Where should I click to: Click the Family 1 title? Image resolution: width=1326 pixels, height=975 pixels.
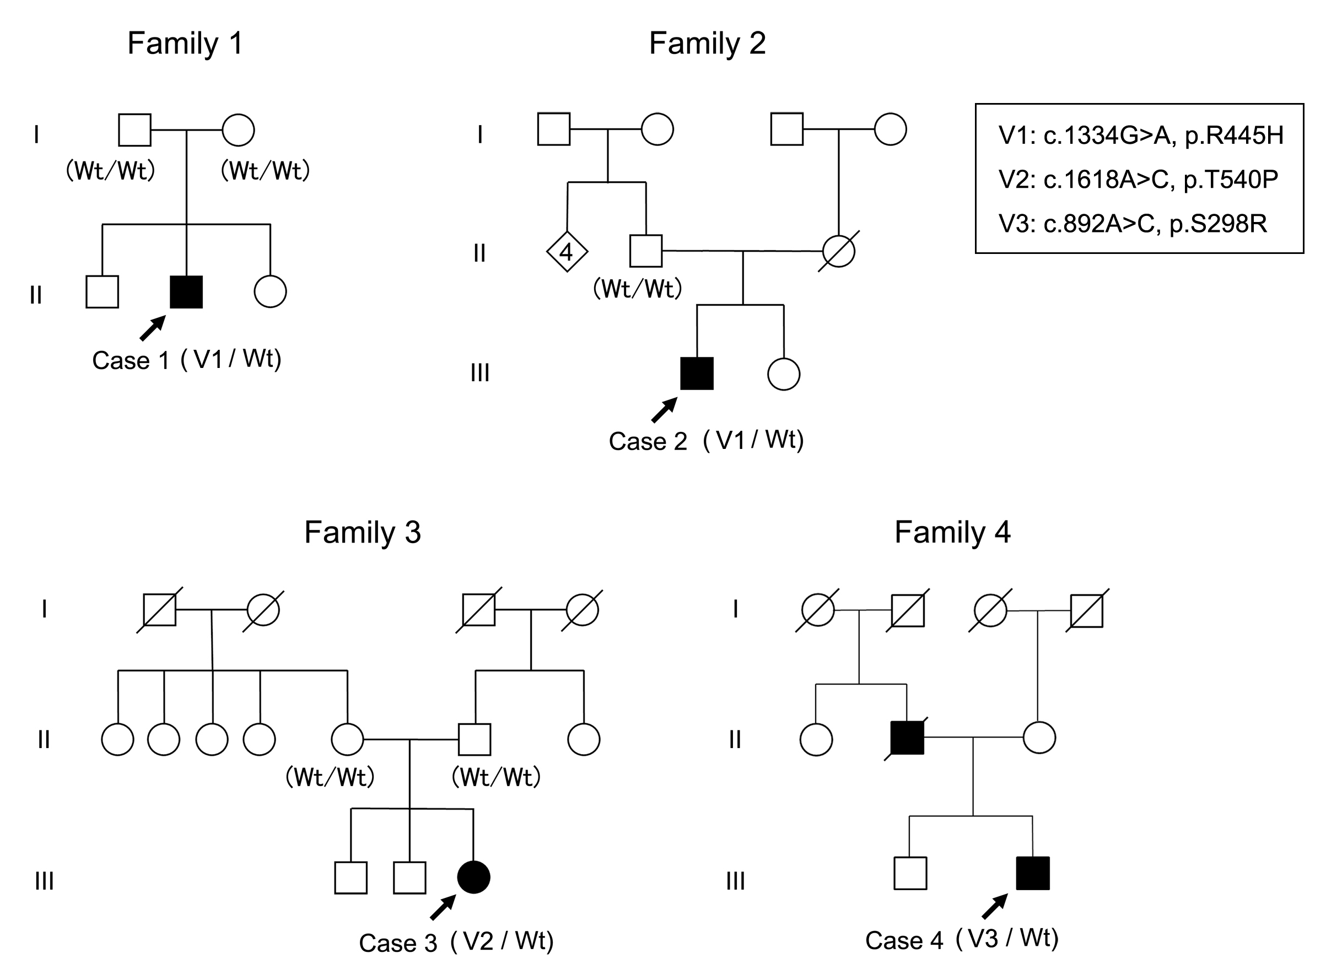pyautogui.click(x=185, y=43)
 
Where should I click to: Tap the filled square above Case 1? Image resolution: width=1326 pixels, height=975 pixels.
pyautogui.click(x=186, y=291)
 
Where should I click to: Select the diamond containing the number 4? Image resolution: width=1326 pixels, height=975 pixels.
pyautogui.click(x=566, y=252)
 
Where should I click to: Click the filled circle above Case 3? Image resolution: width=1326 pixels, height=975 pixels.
pyautogui.click(x=473, y=877)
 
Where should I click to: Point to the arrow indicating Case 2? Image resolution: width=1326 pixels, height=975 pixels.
pyautogui.click(x=664, y=410)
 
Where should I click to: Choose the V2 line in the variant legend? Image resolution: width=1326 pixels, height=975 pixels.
pyautogui.click(x=1138, y=179)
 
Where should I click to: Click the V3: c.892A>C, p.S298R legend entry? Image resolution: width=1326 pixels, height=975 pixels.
pyautogui.click(x=1133, y=224)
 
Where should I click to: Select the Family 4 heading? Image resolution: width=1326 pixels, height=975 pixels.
pyautogui.click(x=952, y=532)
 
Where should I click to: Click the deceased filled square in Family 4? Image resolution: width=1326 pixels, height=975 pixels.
pyautogui.click(x=906, y=738)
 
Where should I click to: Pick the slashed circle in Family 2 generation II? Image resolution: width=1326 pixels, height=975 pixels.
pyautogui.click(x=838, y=251)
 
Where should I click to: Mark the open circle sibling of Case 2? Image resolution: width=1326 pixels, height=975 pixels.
pyautogui.click(x=784, y=373)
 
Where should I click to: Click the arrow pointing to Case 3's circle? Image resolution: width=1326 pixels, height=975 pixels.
pyautogui.click(x=443, y=907)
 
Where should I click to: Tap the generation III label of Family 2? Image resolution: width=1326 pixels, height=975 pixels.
pyautogui.click(x=479, y=373)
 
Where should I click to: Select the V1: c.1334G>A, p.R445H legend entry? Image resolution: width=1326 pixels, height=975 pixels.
pyautogui.click(x=1141, y=135)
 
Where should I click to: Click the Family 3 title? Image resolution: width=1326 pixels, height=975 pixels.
pyautogui.click(x=362, y=532)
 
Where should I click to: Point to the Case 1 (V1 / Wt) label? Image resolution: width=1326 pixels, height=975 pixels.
pyautogui.click(x=187, y=359)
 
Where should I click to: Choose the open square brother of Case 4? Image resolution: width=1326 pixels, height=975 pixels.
pyautogui.click(x=910, y=873)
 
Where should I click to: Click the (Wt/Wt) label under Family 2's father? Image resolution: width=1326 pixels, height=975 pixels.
pyautogui.click(x=637, y=289)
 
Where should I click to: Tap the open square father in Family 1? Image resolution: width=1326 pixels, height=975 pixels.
pyautogui.click(x=134, y=130)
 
